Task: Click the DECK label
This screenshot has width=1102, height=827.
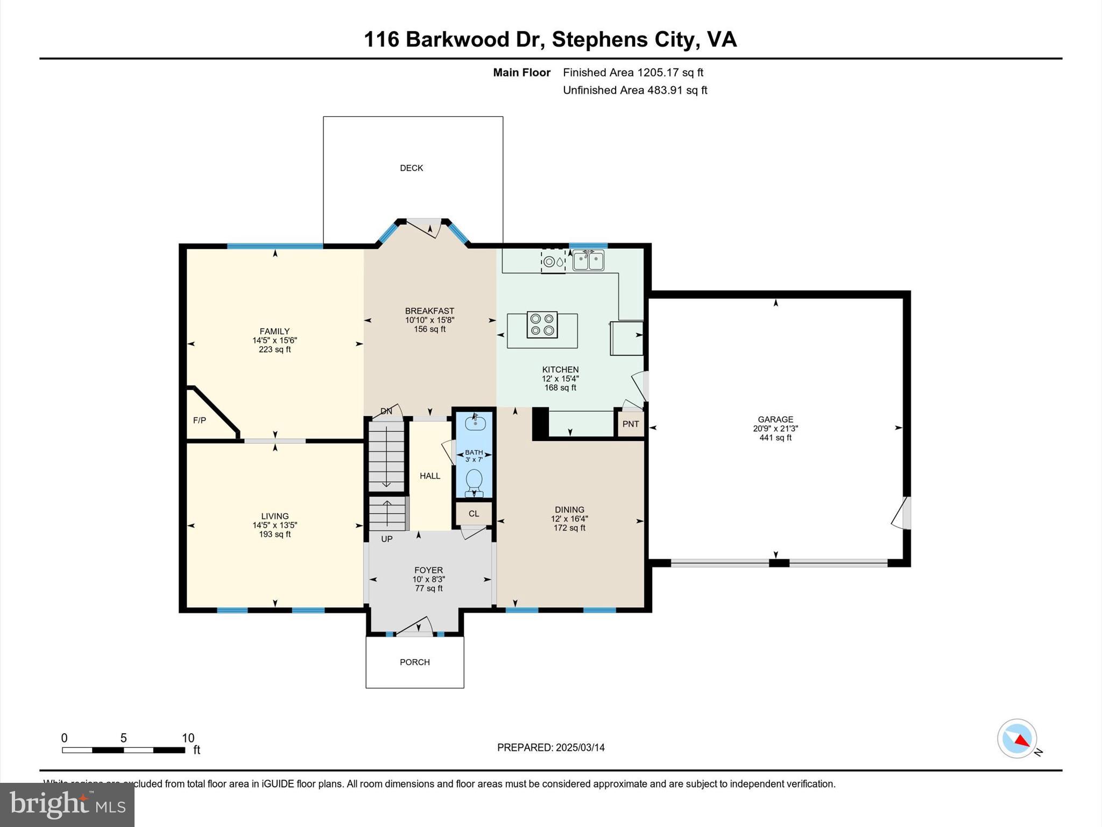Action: tap(411, 168)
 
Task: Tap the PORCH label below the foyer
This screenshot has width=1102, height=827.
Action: tap(414, 662)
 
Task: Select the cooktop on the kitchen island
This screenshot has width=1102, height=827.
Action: tap(542, 325)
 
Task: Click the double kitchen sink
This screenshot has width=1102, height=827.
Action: tap(588, 261)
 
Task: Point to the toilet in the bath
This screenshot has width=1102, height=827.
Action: tap(474, 481)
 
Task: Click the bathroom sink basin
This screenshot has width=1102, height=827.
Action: tap(475, 423)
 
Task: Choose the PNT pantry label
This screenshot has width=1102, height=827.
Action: tap(631, 424)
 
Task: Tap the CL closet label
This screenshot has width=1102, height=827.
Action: tap(474, 514)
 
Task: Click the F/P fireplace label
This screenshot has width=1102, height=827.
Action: tap(200, 420)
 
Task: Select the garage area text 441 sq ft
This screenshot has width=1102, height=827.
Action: tap(775, 438)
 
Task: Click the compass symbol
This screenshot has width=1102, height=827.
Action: tap(1016, 739)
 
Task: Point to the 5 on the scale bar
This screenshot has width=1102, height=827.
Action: tap(123, 738)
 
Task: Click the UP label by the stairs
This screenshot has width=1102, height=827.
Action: tap(387, 539)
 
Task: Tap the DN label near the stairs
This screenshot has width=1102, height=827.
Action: tap(386, 411)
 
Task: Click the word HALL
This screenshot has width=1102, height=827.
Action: tap(430, 476)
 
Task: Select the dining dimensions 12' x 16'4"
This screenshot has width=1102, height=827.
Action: tap(569, 519)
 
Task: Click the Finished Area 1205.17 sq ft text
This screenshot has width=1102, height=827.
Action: tap(633, 73)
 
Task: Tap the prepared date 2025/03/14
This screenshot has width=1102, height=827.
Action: tap(580, 747)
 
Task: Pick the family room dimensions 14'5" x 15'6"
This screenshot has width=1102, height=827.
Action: tap(274, 341)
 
